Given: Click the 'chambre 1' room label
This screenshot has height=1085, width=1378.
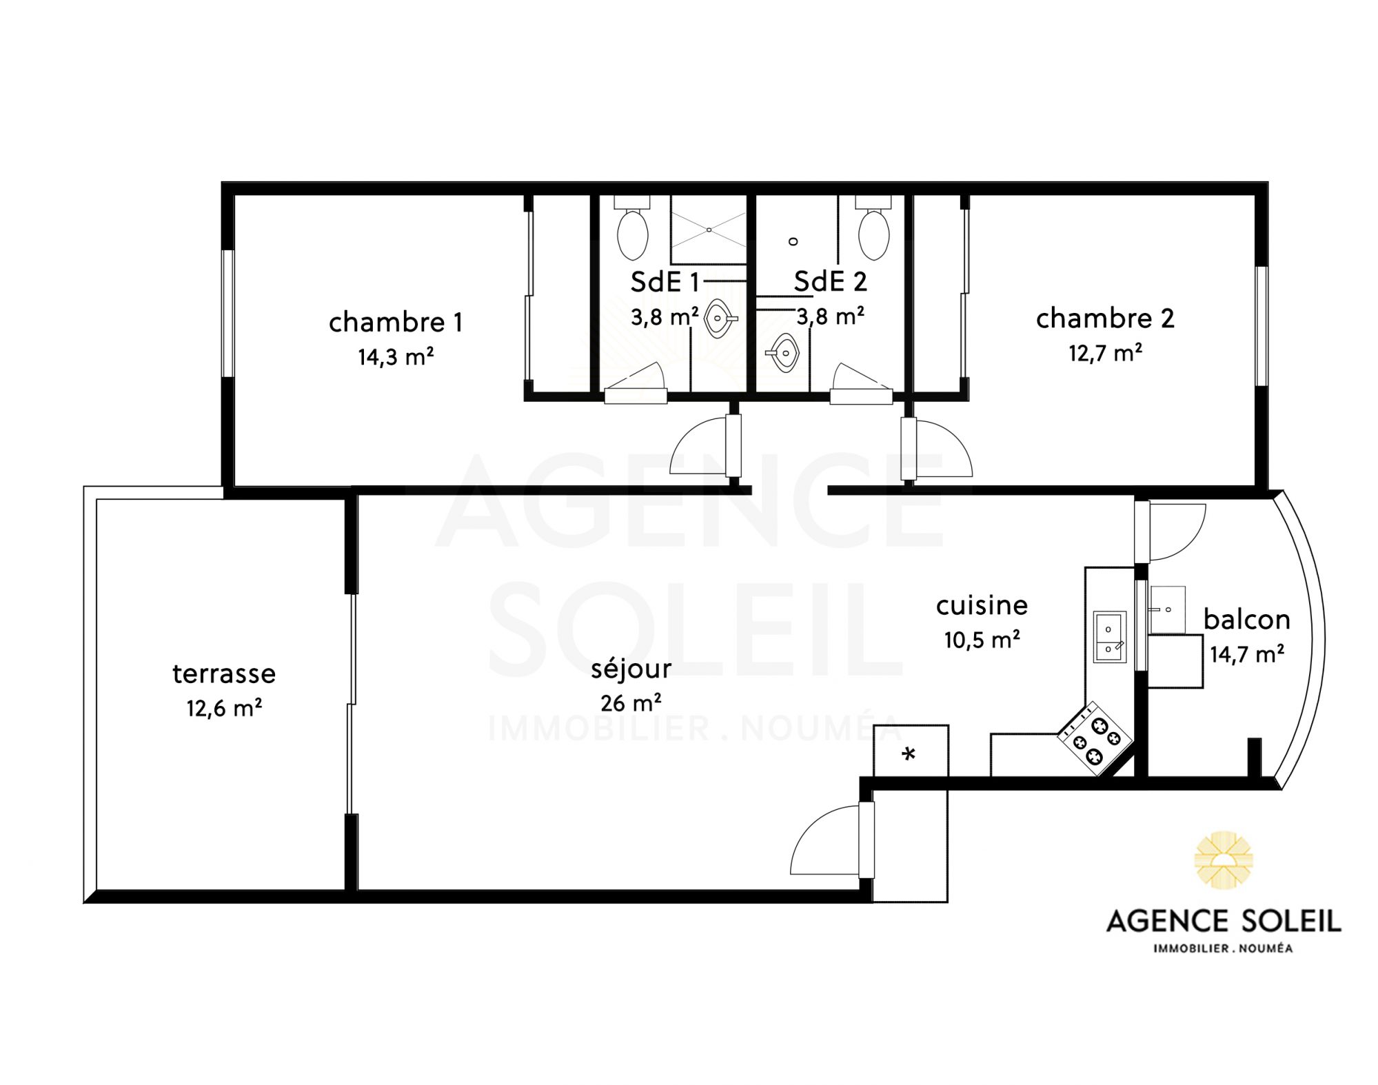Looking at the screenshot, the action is pos(395,323).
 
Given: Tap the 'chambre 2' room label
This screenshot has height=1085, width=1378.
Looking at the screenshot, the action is pos(1105,318).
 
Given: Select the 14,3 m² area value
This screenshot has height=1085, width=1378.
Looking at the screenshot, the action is pos(396,357).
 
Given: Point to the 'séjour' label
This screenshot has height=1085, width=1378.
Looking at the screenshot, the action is pos(631,669).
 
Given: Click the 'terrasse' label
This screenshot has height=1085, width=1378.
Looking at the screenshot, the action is pos(224,673).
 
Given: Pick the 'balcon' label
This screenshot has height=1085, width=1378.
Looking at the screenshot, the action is pos(1247,620).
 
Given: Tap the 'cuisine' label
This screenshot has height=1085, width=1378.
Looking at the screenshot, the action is pos(982,605).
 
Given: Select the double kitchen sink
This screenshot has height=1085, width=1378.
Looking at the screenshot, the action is pos(1110,637).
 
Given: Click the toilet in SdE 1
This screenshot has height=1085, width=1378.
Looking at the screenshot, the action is pos(632,227).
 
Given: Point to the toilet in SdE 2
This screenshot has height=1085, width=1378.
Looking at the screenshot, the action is pos(873,227).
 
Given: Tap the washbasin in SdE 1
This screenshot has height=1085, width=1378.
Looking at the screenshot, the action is pos(720,319).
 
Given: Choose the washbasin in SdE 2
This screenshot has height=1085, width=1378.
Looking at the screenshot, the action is pos(782,353).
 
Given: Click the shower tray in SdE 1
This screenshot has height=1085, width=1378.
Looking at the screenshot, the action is pos(709,230).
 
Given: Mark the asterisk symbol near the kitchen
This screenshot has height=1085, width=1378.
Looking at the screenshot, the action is pos(909,754).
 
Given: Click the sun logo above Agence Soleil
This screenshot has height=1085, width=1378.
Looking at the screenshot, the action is pos(1224,861).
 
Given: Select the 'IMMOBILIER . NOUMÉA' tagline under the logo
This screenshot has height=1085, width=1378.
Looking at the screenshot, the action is pos(1223,949).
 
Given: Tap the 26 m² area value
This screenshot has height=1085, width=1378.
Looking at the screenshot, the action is pos(631,703).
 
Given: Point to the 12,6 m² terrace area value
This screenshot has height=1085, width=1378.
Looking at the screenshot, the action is pos(224,708).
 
